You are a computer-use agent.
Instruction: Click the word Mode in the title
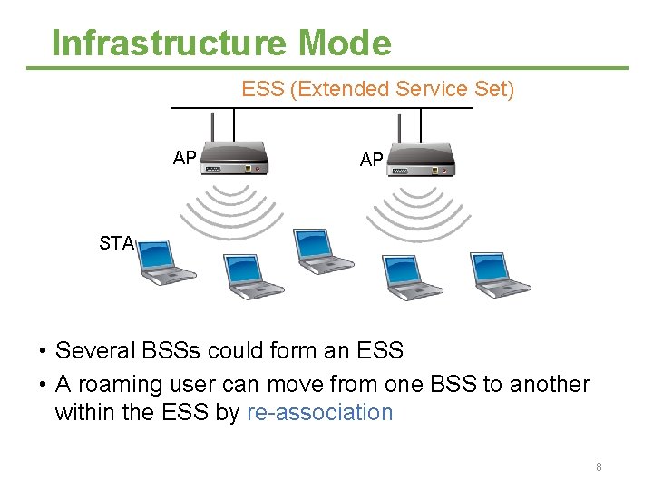(x=344, y=43)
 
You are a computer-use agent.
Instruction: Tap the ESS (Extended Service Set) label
(x=377, y=89)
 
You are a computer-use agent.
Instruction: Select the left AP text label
(x=185, y=158)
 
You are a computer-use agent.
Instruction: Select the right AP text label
(x=371, y=160)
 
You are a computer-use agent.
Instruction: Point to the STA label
(x=117, y=242)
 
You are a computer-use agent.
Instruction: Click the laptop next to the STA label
(x=166, y=262)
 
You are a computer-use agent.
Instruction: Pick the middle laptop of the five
(x=323, y=253)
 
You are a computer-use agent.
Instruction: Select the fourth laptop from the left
(x=411, y=277)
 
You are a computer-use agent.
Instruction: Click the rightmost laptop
(x=499, y=273)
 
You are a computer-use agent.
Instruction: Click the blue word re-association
(x=319, y=412)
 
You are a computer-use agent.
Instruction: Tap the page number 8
(x=599, y=466)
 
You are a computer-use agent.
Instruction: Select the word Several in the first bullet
(x=93, y=350)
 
